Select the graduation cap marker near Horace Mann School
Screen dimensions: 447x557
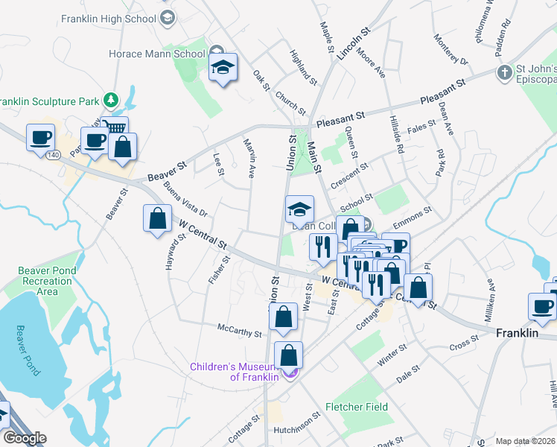pyautogui.click(x=223, y=68)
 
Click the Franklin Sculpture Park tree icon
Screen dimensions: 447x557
pyautogui.click(x=111, y=99)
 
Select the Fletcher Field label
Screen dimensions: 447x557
pyautogui.click(x=356, y=407)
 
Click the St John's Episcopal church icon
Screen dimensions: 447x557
pyautogui.click(x=505, y=73)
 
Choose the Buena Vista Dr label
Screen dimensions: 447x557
pyautogui.click(x=185, y=198)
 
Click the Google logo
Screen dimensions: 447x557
pyautogui.click(x=25, y=438)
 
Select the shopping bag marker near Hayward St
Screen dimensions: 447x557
pyautogui.click(x=157, y=219)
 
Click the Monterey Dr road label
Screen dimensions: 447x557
pyautogui.click(x=451, y=51)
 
